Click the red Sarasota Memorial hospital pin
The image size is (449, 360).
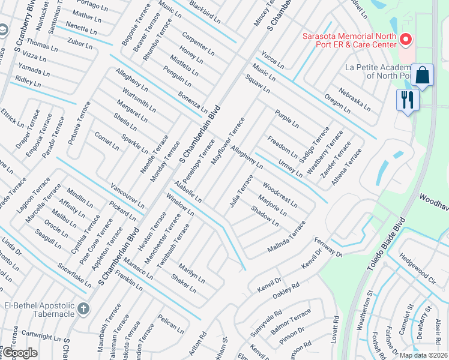(x=405, y=40)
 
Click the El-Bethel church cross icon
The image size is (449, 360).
(x=83, y=308)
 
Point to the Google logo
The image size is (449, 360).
(x=19, y=353)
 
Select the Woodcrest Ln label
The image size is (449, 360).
(x=280, y=195)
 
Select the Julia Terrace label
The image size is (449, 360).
(x=241, y=191)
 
